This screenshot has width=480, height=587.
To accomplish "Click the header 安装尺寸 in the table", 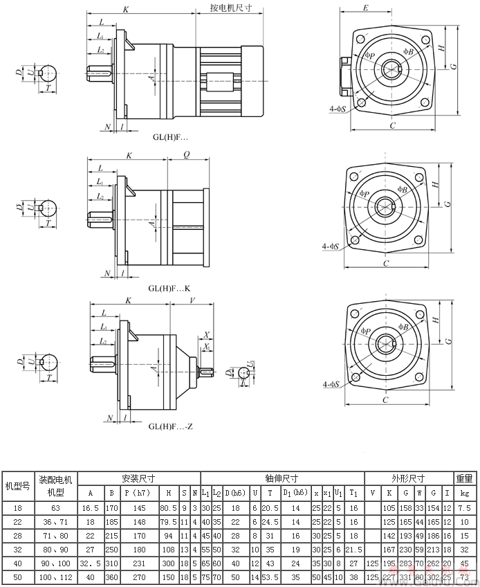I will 138,478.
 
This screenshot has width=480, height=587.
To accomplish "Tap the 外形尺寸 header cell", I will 409,478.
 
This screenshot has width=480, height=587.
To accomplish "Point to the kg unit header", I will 464,493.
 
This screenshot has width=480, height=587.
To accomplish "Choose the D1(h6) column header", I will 296,493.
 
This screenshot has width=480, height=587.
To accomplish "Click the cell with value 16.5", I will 90,507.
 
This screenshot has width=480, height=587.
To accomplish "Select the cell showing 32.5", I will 90,563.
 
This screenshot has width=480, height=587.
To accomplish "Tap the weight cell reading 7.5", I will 464,507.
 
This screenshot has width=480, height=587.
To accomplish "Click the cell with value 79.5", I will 167,521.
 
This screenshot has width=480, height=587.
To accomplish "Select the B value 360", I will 111,577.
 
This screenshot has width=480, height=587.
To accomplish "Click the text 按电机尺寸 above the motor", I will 230,10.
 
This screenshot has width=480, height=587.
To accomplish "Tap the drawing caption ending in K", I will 168,288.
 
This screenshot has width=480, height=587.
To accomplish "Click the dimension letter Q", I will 187,156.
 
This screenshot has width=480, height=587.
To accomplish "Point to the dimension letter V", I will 191,300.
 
